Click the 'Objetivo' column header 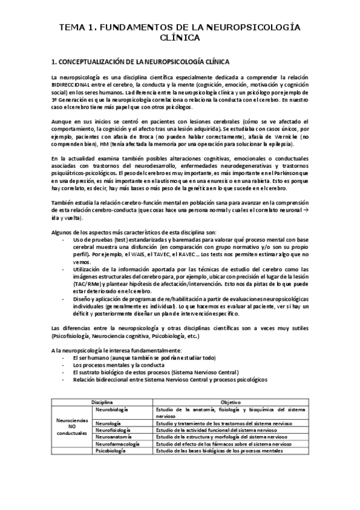[x=230, y=401]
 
